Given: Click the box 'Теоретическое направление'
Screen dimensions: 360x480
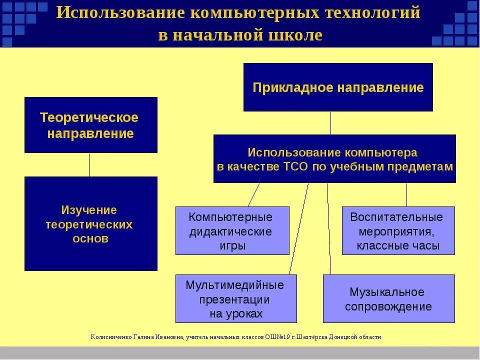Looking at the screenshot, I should pos(90,125).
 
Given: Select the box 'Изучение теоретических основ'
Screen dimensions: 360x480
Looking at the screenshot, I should pos(90,223).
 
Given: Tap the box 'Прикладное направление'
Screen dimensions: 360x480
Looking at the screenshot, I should pos(338,87).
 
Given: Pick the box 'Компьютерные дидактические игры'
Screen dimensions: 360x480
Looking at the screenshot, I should pos(232,231).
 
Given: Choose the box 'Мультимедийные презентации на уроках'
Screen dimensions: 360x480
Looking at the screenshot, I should pos(236,299).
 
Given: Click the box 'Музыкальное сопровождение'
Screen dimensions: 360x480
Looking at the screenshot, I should pos(388,299).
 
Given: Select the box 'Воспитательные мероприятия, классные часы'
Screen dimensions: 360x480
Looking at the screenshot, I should pos(398,231).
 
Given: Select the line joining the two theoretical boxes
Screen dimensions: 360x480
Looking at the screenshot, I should pos(89,164).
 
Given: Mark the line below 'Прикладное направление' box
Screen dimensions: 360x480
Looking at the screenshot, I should pos(330,123).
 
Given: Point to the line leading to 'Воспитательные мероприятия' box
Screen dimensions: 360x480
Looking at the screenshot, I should pos(406,194).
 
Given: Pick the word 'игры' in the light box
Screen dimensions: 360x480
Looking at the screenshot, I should pos(232,246).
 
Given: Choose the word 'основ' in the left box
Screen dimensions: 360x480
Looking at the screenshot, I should pos(90,239).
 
